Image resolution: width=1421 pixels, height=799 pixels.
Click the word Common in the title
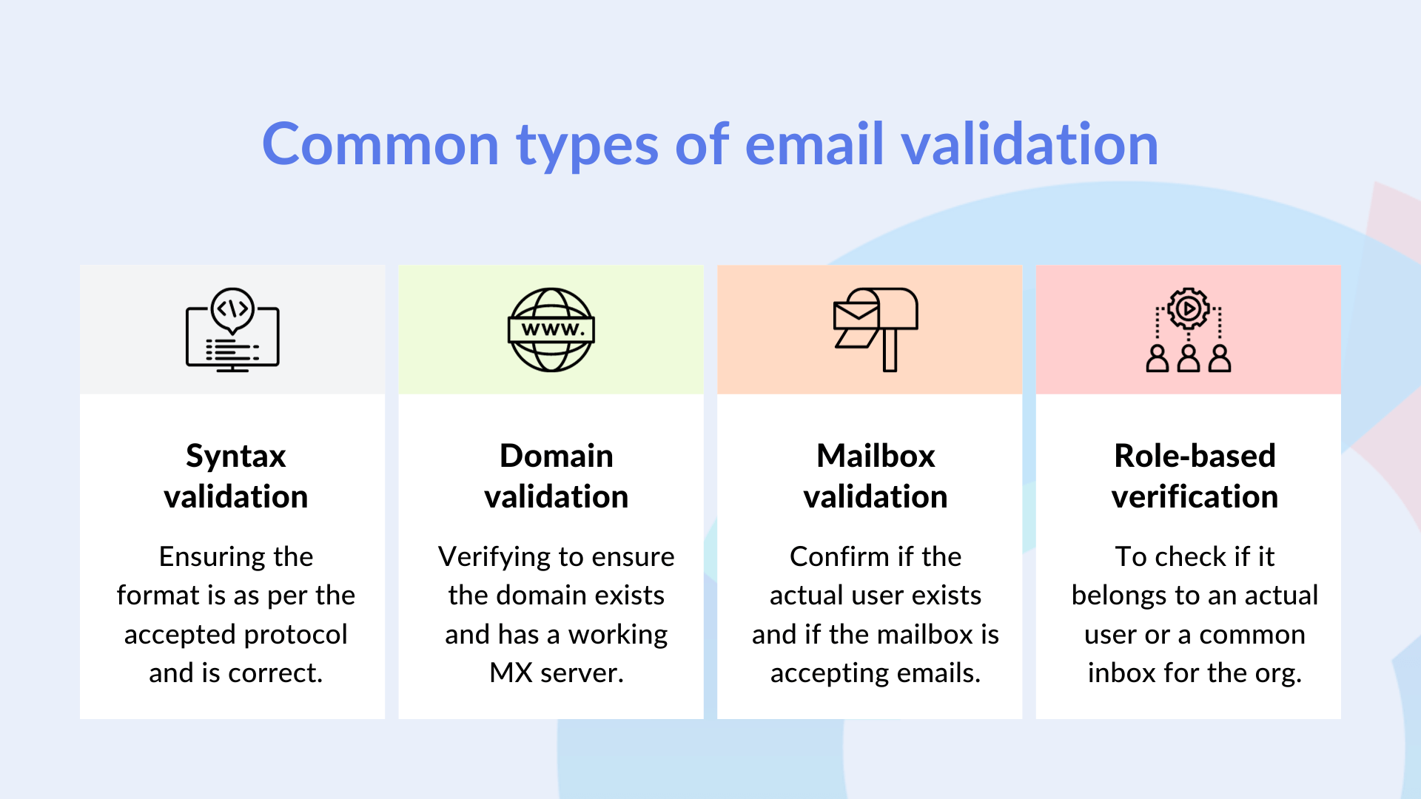point(380,144)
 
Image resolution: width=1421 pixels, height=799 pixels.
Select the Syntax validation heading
point(235,476)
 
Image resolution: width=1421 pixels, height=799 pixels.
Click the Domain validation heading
point(556,476)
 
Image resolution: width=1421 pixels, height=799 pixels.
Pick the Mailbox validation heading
point(875,476)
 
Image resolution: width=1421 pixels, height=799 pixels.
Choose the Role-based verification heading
point(1195,476)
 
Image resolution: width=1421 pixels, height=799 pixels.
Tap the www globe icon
point(551,330)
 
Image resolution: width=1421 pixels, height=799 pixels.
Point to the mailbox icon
point(876,329)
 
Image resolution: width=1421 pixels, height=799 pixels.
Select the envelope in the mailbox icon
point(856,314)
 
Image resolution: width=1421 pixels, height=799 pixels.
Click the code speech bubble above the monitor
point(232,309)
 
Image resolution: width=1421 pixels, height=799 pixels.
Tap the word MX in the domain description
point(511,673)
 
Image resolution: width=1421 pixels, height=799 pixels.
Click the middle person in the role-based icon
point(1189,359)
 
